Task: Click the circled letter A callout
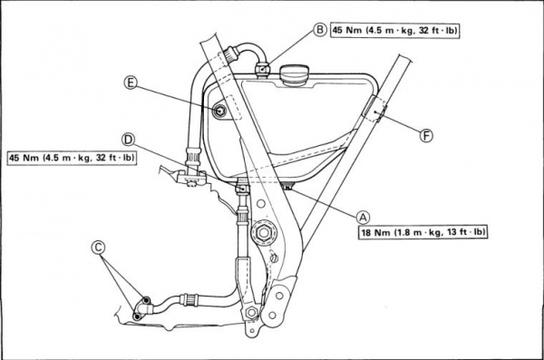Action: click(x=363, y=218)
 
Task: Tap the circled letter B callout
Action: click(x=319, y=30)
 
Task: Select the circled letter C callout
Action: click(x=98, y=248)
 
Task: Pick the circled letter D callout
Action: click(x=129, y=140)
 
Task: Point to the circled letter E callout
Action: click(x=130, y=83)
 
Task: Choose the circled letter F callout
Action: click(x=426, y=135)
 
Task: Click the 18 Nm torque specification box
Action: click(x=423, y=232)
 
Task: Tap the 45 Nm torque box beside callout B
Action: click(x=394, y=31)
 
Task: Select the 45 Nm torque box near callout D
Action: click(x=72, y=158)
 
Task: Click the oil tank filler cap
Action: click(x=293, y=75)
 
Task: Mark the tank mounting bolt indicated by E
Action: click(x=220, y=112)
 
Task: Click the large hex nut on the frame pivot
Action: click(x=262, y=232)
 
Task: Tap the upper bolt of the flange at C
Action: click(x=146, y=300)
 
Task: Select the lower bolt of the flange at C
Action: click(x=138, y=316)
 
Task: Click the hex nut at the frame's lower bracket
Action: click(x=251, y=313)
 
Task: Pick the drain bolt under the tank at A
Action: click(x=287, y=188)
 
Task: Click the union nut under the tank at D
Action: click(x=242, y=188)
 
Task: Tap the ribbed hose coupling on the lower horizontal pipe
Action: click(x=189, y=299)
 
